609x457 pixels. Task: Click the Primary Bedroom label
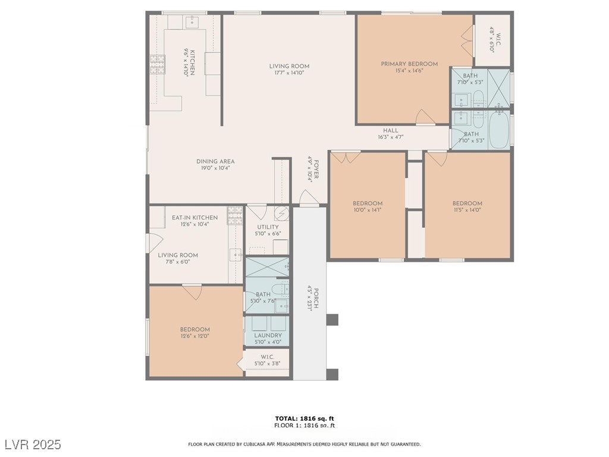click(x=409, y=64)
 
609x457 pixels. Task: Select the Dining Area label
click(x=215, y=161)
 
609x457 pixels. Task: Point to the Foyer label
click(x=316, y=169)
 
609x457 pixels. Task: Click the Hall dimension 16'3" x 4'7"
click(x=391, y=137)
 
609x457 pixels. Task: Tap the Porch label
click(x=316, y=298)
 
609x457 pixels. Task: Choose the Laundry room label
click(x=268, y=336)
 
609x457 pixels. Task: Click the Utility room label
click(x=268, y=227)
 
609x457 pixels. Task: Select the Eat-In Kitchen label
click(x=195, y=218)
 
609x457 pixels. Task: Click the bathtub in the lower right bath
click(x=499, y=130)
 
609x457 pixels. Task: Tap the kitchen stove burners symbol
click(x=158, y=64)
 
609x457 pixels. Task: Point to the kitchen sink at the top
click(x=192, y=23)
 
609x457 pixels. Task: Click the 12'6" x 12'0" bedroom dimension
click(x=195, y=336)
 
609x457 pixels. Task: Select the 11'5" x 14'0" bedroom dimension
click(x=467, y=210)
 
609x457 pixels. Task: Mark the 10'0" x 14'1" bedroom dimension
click(x=368, y=210)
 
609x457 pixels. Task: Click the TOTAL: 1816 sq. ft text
click(x=304, y=418)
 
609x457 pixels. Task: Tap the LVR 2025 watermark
click(x=33, y=444)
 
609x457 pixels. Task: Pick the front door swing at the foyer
click(x=309, y=198)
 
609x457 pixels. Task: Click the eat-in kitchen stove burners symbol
click(x=235, y=215)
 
